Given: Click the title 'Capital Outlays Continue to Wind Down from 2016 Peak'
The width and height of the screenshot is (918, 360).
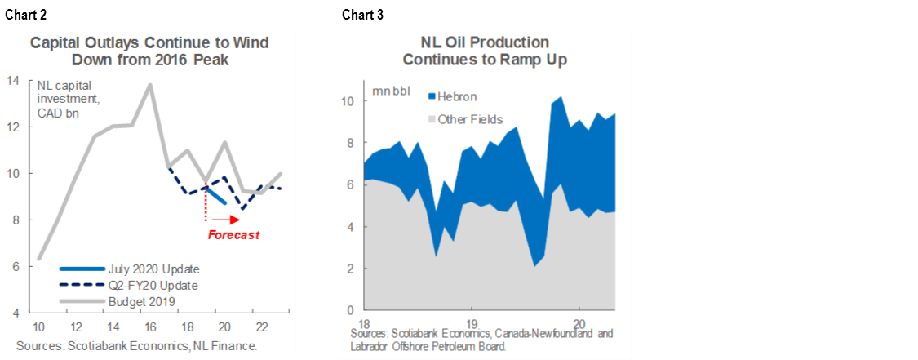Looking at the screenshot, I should (x=149, y=51).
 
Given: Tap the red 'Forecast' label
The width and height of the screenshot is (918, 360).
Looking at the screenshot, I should (x=233, y=235).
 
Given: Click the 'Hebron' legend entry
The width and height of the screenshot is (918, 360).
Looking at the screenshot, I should (x=456, y=96).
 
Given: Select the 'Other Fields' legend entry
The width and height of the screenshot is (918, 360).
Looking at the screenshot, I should (x=470, y=119).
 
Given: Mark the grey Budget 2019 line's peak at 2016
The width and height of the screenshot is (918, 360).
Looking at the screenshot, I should (x=149, y=84).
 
